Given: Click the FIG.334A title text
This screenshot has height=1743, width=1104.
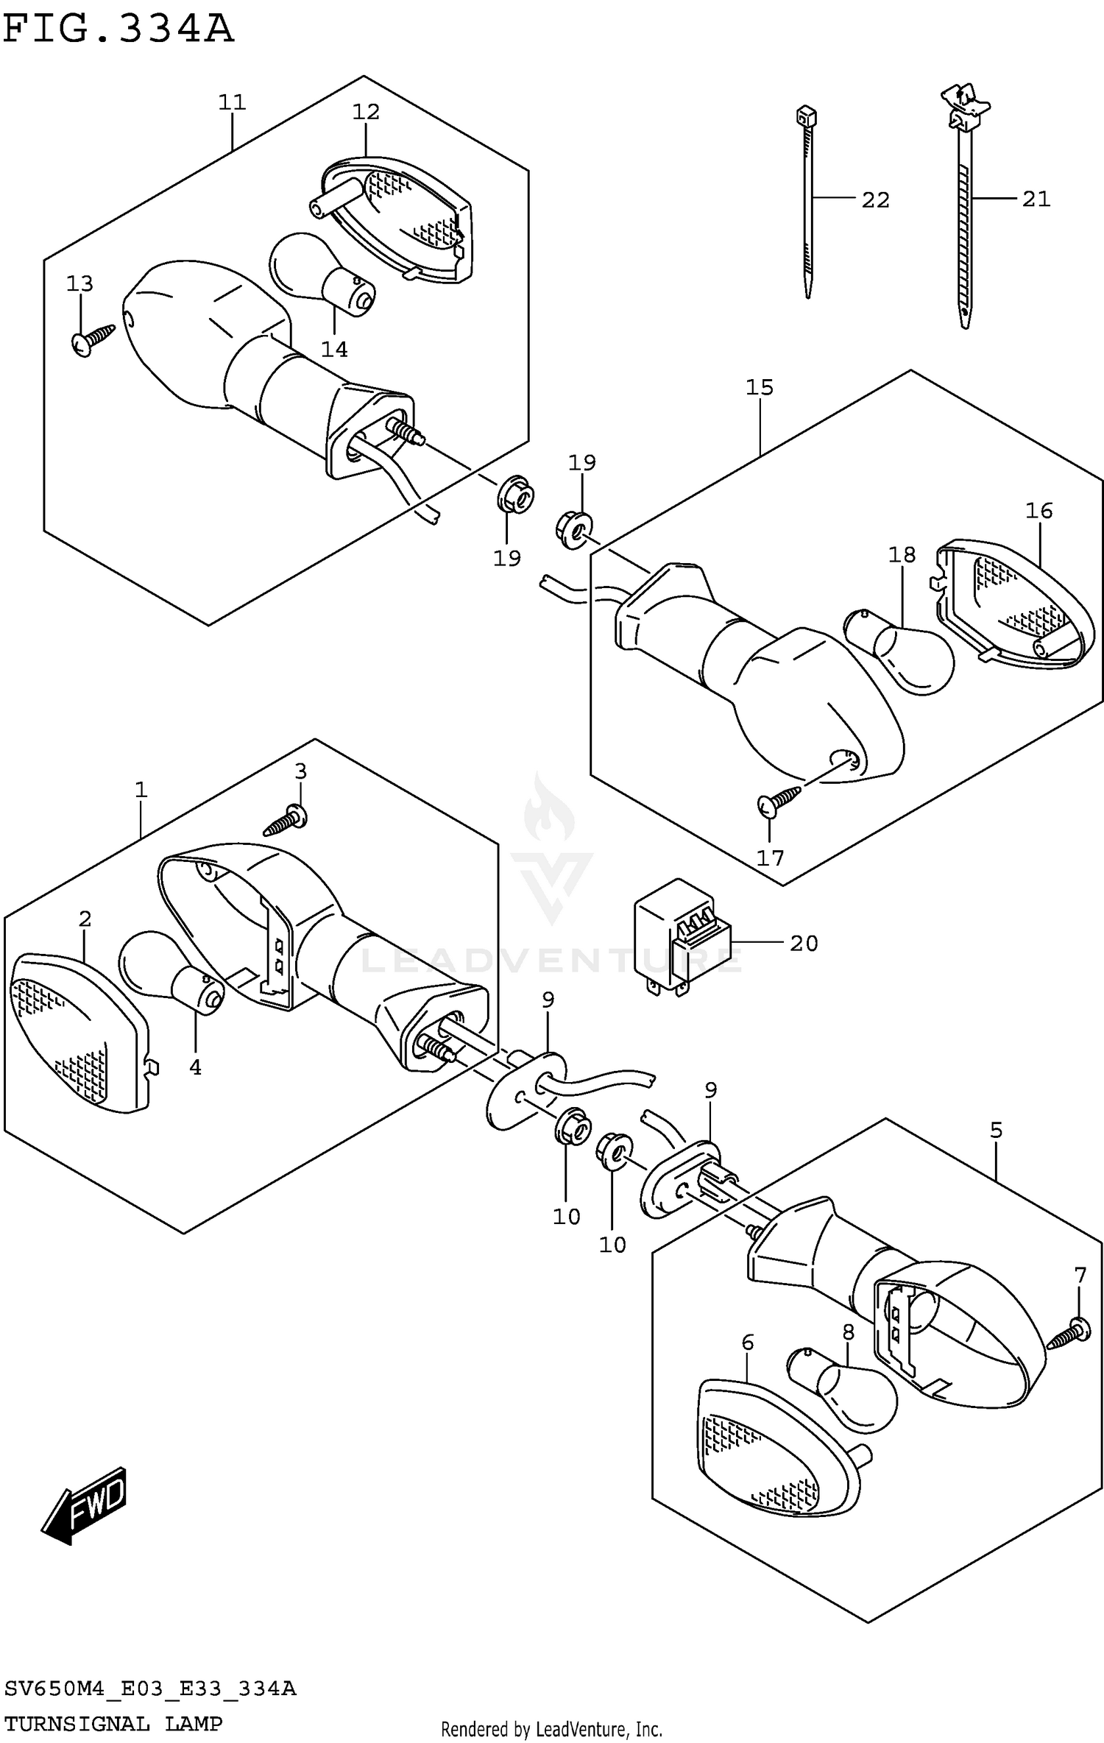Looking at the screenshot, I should click(118, 29).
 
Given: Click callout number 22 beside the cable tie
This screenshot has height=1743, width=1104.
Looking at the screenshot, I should click(875, 200).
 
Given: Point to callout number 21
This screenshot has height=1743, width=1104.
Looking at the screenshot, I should click(1036, 199).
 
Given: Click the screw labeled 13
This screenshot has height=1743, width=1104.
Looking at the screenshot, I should click(94, 339).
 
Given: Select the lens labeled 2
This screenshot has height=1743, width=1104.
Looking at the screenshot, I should click(74, 1030).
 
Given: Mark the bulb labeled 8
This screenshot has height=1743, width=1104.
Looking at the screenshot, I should click(846, 1391).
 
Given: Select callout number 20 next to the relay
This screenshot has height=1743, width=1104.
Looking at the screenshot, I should click(804, 944).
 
